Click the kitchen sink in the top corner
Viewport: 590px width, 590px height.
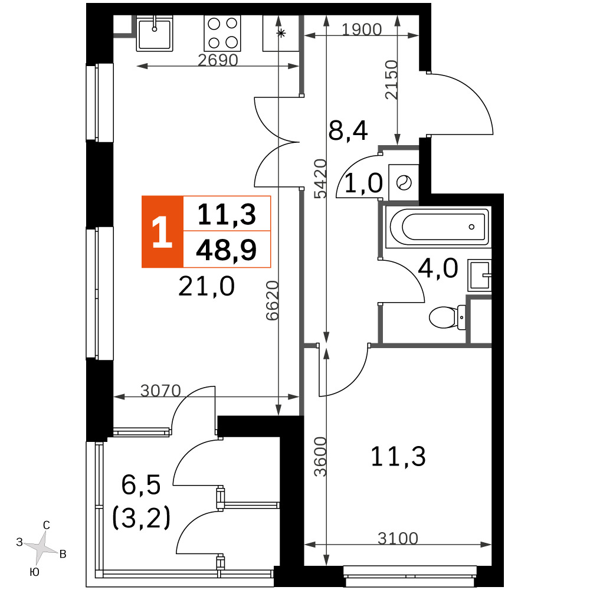(x=154, y=34)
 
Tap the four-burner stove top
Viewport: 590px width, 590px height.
(x=222, y=34)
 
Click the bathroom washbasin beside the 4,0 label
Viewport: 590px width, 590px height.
(x=479, y=275)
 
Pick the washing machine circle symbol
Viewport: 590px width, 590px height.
(x=404, y=183)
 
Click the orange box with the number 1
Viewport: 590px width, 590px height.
(x=162, y=232)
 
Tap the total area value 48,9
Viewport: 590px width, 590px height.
(x=226, y=250)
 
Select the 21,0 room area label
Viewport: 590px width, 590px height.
(x=206, y=286)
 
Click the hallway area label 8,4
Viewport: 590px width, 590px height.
(x=348, y=130)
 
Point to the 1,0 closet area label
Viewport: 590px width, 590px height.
(x=363, y=183)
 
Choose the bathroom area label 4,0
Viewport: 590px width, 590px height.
(x=438, y=268)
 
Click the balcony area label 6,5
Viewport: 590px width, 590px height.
(x=141, y=484)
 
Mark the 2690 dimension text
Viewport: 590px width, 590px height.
(x=218, y=60)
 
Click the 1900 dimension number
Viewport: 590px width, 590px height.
(x=362, y=29)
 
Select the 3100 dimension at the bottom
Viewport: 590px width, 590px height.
(x=398, y=539)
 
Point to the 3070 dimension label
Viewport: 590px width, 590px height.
(x=160, y=391)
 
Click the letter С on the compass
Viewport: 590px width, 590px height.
(x=47, y=525)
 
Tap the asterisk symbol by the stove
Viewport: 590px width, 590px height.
(x=281, y=34)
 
